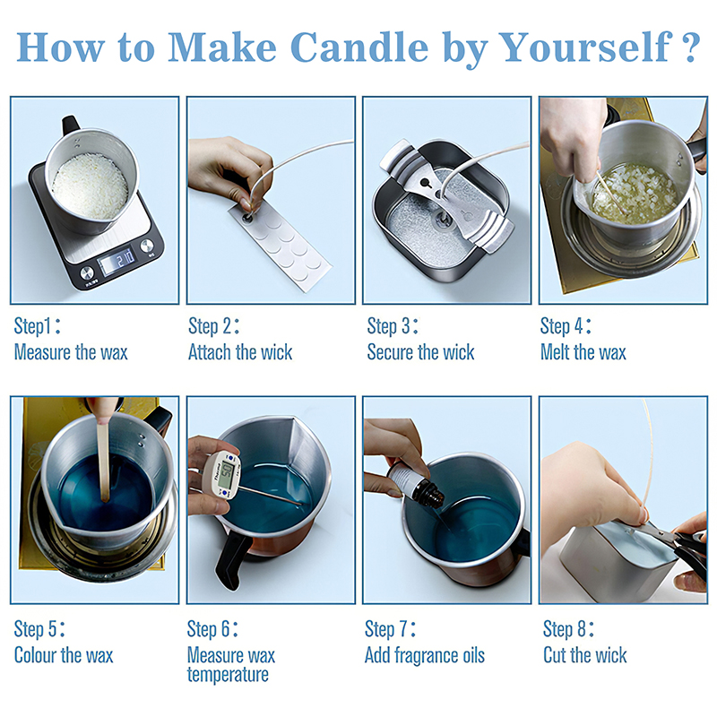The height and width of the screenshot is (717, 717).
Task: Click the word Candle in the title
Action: pos(359,48)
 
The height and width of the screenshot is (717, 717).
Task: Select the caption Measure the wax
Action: pos(71,352)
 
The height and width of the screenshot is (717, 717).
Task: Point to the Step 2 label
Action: pos(213,326)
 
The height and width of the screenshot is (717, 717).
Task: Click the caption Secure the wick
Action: pos(420,352)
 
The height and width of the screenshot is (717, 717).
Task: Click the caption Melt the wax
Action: pos(583,352)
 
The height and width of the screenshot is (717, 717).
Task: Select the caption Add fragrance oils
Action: pos(424,655)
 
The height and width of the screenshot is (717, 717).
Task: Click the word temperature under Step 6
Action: pos(228,675)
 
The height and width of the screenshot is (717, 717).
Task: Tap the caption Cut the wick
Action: pos(585,655)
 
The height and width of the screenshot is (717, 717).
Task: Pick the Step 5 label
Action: pos(39,629)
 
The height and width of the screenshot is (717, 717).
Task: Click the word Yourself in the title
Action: pos(584,48)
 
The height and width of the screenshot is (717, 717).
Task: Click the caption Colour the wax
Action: pos(64,655)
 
